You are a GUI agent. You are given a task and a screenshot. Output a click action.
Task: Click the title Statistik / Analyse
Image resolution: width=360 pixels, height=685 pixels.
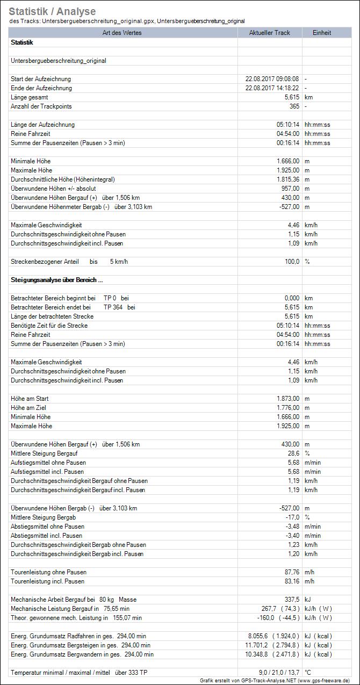coord(52,11)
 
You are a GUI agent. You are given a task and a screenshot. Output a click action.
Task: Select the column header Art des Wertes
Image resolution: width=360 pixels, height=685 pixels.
coord(124,33)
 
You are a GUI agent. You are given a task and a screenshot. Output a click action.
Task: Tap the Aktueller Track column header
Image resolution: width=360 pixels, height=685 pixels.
coord(269,33)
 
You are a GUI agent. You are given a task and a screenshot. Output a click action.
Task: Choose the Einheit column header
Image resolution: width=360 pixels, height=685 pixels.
coord(322,33)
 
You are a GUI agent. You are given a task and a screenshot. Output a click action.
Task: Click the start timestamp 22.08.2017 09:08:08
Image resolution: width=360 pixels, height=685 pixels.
coord(272,79)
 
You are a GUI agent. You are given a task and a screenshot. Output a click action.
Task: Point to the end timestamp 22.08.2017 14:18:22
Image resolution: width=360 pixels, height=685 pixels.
coord(272,88)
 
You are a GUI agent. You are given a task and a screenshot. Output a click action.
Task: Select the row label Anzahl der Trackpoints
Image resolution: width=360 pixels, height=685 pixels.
coord(41,106)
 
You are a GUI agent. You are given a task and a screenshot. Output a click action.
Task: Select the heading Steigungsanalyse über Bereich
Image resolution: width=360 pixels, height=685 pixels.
coord(56,280)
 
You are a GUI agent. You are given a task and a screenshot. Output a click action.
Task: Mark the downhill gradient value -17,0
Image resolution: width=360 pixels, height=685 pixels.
coord(292,517)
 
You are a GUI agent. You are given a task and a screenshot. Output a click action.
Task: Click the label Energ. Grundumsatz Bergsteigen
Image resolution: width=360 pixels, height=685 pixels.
coord(81,645)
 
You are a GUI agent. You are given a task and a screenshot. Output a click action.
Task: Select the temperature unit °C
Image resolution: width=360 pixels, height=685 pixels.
coord(308,673)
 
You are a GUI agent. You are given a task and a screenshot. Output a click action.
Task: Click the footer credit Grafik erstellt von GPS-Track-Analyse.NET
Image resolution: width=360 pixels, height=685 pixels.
coord(275,680)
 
